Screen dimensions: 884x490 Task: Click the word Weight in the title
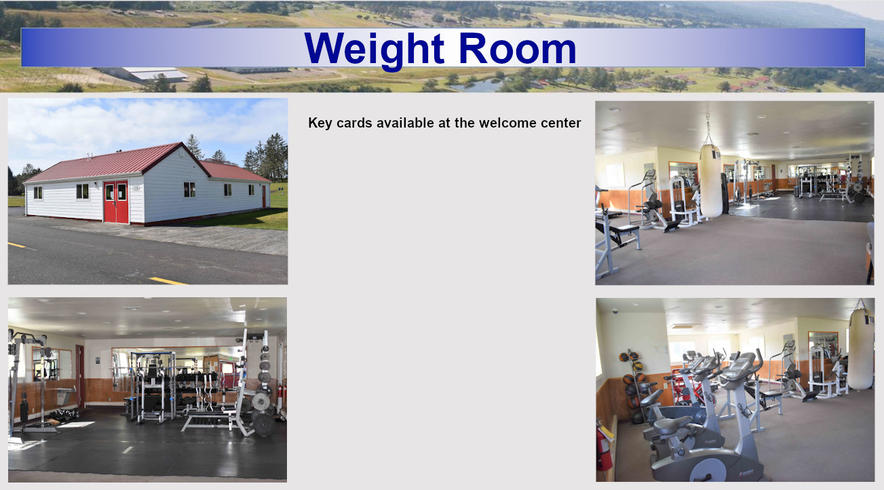coord(374,50)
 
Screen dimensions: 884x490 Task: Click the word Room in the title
coord(518,48)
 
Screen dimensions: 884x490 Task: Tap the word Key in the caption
coord(320,124)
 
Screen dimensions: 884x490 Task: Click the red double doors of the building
coord(116,202)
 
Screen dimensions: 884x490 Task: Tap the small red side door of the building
coord(264,196)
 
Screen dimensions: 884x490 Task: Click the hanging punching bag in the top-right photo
coord(711,181)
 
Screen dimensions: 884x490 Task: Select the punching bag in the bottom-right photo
coord(861,349)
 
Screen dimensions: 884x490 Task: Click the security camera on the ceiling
coord(615,311)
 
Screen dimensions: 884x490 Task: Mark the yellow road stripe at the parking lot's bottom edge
coord(168,281)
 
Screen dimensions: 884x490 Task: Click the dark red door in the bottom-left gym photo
coord(80,376)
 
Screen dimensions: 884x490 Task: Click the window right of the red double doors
coord(189,189)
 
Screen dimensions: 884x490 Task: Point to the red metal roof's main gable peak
coord(181,143)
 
